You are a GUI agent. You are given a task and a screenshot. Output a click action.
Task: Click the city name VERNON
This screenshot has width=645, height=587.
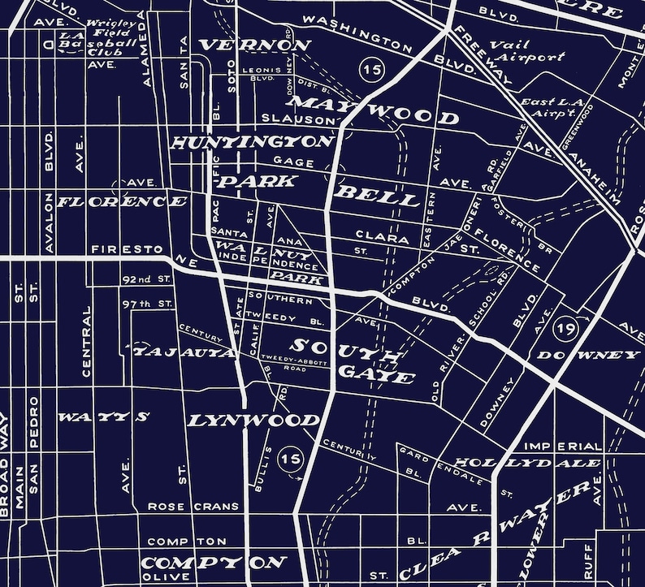tap(255, 45)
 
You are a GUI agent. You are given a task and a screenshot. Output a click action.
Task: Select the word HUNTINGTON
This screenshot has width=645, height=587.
tap(253, 143)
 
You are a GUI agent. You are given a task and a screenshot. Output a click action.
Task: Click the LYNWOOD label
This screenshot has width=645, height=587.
tap(253, 421)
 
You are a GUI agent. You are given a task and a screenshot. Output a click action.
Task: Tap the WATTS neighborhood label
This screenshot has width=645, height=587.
tap(103, 417)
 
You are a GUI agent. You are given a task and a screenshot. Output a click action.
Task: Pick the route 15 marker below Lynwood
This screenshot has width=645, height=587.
tap(290, 460)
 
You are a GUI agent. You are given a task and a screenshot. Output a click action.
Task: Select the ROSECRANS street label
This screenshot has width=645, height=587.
tap(193, 506)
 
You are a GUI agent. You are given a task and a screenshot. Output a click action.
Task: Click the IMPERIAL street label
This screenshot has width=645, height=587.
tap(563, 447)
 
